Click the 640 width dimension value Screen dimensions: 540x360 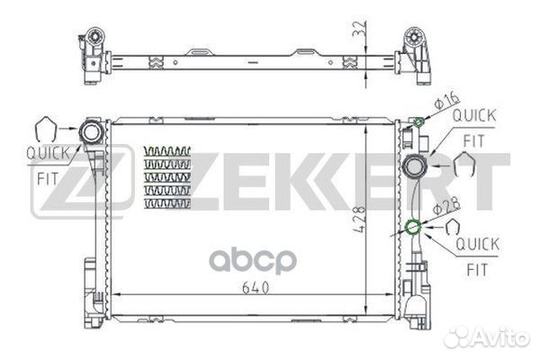point(256,288)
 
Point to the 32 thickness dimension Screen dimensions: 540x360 point(359,29)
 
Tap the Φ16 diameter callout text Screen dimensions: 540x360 point(447,100)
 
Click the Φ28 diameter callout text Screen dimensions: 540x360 point(446,206)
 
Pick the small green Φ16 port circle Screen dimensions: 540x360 point(418,122)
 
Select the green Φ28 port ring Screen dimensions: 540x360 point(413,227)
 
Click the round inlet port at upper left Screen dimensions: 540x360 point(91,131)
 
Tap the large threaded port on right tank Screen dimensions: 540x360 point(415,166)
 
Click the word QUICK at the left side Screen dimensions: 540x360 point(48,153)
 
